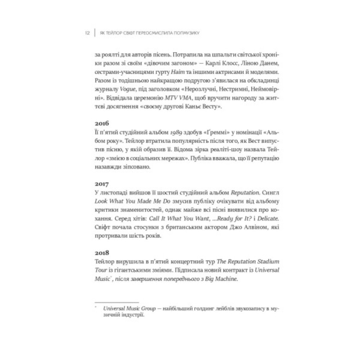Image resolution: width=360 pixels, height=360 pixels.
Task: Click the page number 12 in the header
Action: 87,33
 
